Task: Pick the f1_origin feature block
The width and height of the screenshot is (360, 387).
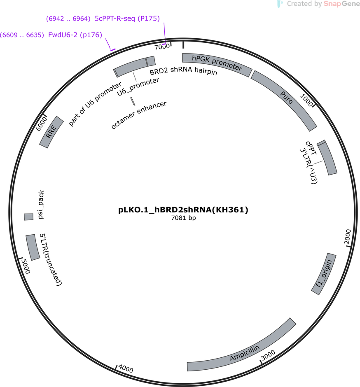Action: click(x=324, y=274)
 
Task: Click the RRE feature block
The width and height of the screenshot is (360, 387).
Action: click(x=51, y=132)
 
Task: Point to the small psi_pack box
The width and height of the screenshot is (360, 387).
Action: click(x=29, y=217)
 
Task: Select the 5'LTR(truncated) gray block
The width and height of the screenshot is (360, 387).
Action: click(x=33, y=247)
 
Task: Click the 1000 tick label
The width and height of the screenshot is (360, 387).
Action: click(x=306, y=100)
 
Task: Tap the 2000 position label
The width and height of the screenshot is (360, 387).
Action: click(x=347, y=236)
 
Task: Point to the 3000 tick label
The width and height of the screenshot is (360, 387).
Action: click(x=268, y=355)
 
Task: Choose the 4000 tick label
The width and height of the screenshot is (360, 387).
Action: click(x=126, y=368)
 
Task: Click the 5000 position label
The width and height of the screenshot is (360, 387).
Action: click(x=26, y=266)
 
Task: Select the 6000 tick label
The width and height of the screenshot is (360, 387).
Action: click(x=41, y=124)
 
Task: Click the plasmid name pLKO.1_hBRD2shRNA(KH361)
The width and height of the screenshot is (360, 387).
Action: click(x=183, y=210)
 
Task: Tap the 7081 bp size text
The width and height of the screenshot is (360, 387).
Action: click(x=183, y=218)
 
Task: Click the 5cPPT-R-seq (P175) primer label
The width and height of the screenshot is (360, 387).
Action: click(x=127, y=19)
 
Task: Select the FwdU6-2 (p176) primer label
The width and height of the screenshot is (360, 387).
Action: click(x=75, y=35)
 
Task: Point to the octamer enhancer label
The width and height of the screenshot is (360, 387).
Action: click(x=139, y=115)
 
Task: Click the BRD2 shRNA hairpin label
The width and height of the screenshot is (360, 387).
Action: click(x=183, y=71)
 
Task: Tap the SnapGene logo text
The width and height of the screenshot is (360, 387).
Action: click(x=341, y=4)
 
